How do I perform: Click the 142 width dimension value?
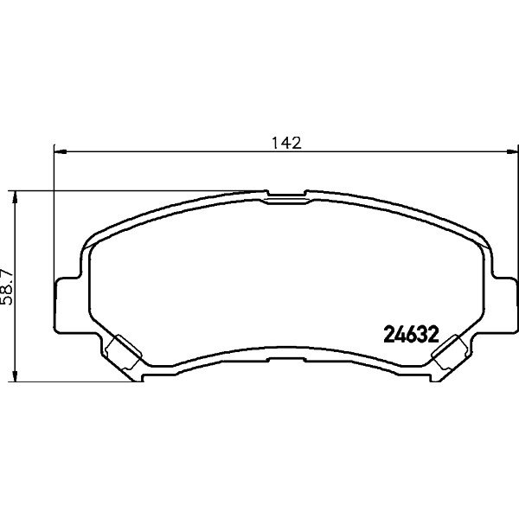(x=286, y=143)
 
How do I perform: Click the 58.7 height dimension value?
(x=7, y=286)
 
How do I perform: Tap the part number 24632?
(x=411, y=335)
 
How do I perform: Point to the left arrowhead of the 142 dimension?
(x=61, y=151)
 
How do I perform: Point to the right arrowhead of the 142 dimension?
(x=511, y=151)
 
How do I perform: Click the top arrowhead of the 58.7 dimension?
(x=15, y=197)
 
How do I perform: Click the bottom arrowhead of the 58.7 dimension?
(x=15, y=375)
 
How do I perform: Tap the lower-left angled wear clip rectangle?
(x=123, y=352)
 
